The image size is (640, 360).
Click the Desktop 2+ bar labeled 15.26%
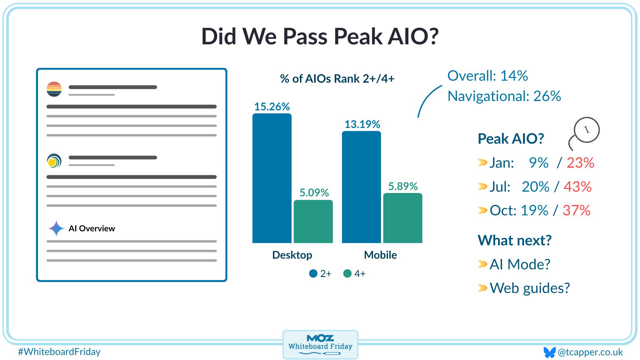(272, 178)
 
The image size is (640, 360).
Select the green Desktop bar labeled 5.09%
(313, 221)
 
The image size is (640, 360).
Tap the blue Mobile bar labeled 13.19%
(361, 187)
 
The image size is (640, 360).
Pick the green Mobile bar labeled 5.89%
(403, 218)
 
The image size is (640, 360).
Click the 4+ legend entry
(354, 274)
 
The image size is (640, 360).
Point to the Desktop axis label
(292, 255)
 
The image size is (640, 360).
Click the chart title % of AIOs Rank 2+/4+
(337, 79)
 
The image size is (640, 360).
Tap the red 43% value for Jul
(578, 187)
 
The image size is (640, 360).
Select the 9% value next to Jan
(538, 163)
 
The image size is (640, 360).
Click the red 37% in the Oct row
(576, 210)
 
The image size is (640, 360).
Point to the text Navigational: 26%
(504, 96)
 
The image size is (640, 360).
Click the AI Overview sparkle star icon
(56, 228)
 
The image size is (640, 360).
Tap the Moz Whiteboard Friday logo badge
(320, 345)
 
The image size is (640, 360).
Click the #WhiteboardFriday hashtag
(59, 352)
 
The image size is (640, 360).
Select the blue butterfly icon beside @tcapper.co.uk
(549, 352)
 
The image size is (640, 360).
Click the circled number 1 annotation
(587, 130)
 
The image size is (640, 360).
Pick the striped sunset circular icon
(54, 89)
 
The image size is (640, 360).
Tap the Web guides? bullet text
(529, 288)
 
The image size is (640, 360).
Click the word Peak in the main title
(358, 36)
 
